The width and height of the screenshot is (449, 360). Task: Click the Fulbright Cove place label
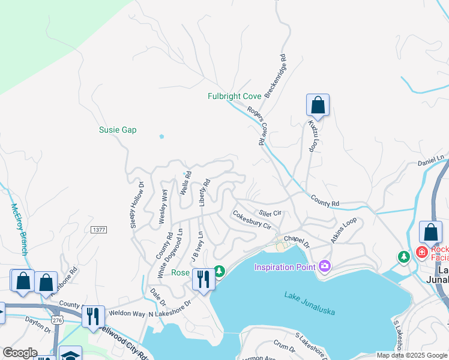point(234,96)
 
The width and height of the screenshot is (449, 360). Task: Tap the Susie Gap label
point(118,130)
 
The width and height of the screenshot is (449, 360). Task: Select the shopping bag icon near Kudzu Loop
point(318,106)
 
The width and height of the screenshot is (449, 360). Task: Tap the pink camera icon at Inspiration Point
point(325,266)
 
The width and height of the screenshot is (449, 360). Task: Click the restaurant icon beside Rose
point(203,280)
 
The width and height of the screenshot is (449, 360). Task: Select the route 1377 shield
point(98,230)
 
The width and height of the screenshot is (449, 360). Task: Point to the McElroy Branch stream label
point(19,229)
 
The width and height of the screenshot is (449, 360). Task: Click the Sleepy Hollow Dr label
point(137,205)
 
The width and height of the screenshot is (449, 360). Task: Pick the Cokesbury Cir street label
point(252,220)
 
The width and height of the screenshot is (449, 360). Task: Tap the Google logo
point(19,353)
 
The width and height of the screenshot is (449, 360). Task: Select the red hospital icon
point(421,251)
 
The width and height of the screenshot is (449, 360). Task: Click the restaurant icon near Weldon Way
point(93,316)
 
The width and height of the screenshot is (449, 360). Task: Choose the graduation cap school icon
point(70,356)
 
